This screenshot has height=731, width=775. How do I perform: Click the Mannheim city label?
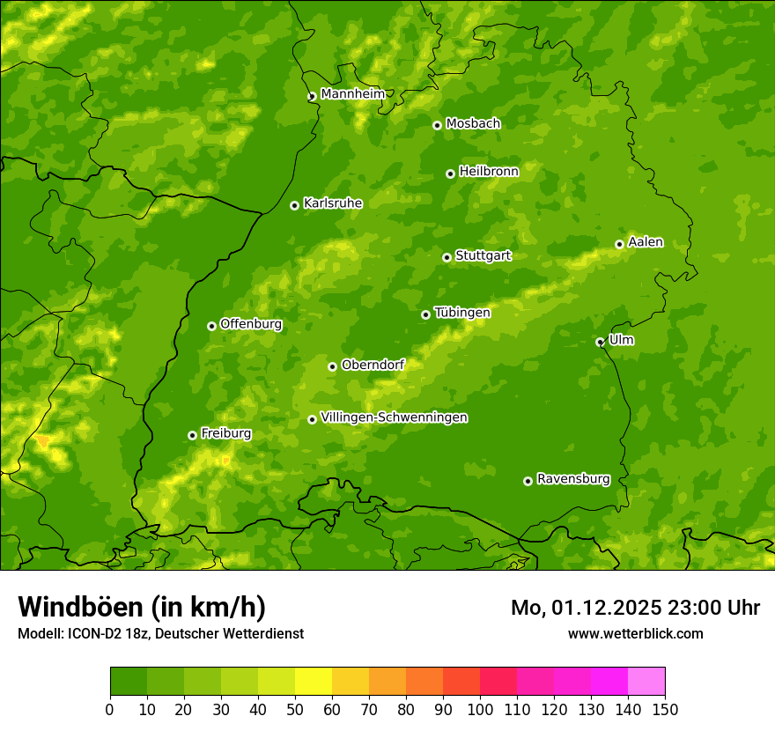pyautogui.click(x=352, y=94)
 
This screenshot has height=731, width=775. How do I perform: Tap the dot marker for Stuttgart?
pyautogui.click(x=447, y=257)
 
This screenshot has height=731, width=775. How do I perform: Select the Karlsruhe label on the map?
pyautogui.click(x=332, y=203)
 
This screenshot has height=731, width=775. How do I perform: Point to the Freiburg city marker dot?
pyautogui.click(x=192, y=435)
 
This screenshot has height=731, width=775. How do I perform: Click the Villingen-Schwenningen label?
pyautogui.click(x=394, y=417)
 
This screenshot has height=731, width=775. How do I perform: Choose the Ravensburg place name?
pyautogui.click(x=572, y=479)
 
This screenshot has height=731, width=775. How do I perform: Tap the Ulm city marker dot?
pyautogui.click(x=600, y=342)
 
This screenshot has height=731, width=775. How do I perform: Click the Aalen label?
pyautogui.click(x=646, y=242)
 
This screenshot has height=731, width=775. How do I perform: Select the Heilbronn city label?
pyautogui.click(x=489, y=172)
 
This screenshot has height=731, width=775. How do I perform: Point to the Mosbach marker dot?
pyautogui.click(x=437, y=125)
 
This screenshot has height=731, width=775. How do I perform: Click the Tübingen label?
pyautogui.click(x=462, y=313)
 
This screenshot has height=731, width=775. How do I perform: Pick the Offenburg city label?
pyautogui.click(x=251, y=324)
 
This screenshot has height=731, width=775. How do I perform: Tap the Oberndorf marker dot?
pyautogui.click(x=332, y=366)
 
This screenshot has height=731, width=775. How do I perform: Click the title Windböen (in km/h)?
pyautogui.click(x=142, y=607)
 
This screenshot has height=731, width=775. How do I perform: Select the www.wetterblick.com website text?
pyautogui.click(x=635, y=633)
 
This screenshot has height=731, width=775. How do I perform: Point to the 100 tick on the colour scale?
pyautogui.click(x=480, y=709)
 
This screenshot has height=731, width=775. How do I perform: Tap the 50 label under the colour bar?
pyautogui.click(x=295, y=709)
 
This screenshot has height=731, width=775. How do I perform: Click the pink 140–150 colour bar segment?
pyautogui.click(x=646, y=681)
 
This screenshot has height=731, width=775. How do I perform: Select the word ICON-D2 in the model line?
pyautogui.click(x=92, y=633)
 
